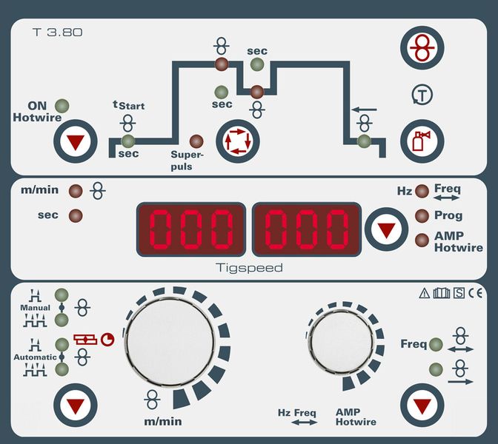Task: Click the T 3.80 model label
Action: pyautogui.click(x=58, y=32)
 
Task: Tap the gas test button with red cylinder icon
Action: pyautogui.click(x=422, y=141)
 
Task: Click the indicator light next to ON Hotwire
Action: pyautogui.click(x=62, y=106)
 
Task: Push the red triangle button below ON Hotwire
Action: pyautogui.click(x=76, y=141)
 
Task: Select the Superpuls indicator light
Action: pyautogui.click(x=196, y=141)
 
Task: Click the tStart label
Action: pyautogui.click(x=129, y=104)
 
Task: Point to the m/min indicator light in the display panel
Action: pyautogui.click(x=76, y=191)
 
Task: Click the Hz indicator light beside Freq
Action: pyautogui.click(x=422, y=191)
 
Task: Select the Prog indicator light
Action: pyautogui.click(x=422, y=215)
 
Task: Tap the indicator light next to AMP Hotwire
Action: pyautogui.click(x=422, y=240)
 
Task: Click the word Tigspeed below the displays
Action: pyautogui.click(x=249, y=268)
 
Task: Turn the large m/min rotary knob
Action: pyautogui.click(x=170, y=343)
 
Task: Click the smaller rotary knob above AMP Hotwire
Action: pyautogui.click(x=342, y=342)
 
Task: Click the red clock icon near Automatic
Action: pyautogui.click(x=107, y=340)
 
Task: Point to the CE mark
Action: pyautogui.click(x=476, y=293)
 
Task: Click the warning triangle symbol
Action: pyautogui.click(x=425, y=293)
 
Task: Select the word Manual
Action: pyautogui.click(x=36, y=308)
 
